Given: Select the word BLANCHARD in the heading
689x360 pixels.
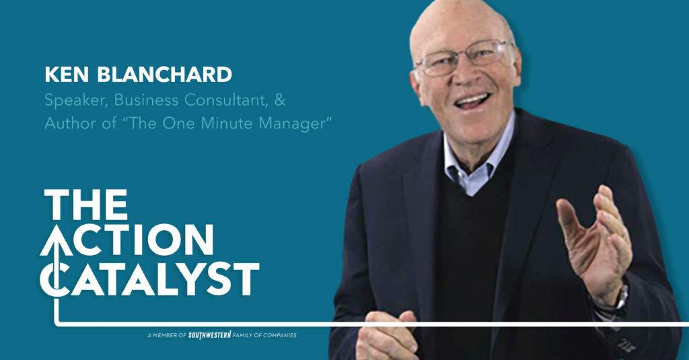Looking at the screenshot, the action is pos(164,75).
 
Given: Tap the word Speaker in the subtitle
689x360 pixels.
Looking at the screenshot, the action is pos(75,101).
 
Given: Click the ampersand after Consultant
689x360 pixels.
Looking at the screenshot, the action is pos(280,100).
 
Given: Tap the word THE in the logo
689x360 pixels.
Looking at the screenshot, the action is pos(86,205).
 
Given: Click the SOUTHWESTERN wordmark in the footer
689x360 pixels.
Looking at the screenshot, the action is pos(210,335).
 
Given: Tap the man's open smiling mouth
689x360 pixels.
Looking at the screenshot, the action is pos(473,101).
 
